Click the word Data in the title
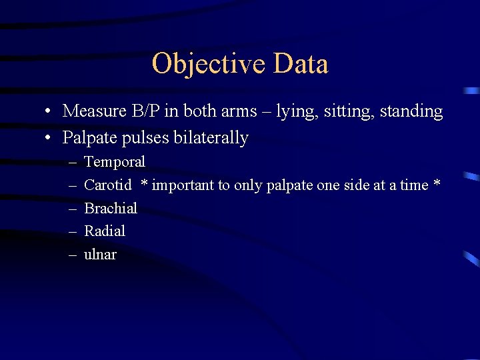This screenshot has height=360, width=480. (301, 65)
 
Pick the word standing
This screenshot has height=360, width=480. (411, 112)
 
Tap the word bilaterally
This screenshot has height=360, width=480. (211, 139)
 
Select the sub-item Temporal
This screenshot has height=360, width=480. (115, 162)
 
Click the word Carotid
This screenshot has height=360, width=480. (108, 185)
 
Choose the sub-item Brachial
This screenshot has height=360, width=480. (111, 209)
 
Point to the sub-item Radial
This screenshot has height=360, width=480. (105, 231)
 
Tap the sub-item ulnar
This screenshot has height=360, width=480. (100, 255)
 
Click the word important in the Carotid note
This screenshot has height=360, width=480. (181, 185)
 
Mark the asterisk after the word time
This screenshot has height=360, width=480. (437, 183)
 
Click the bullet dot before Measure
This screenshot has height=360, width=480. (50, 111)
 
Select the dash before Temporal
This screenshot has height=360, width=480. (71, 163)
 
